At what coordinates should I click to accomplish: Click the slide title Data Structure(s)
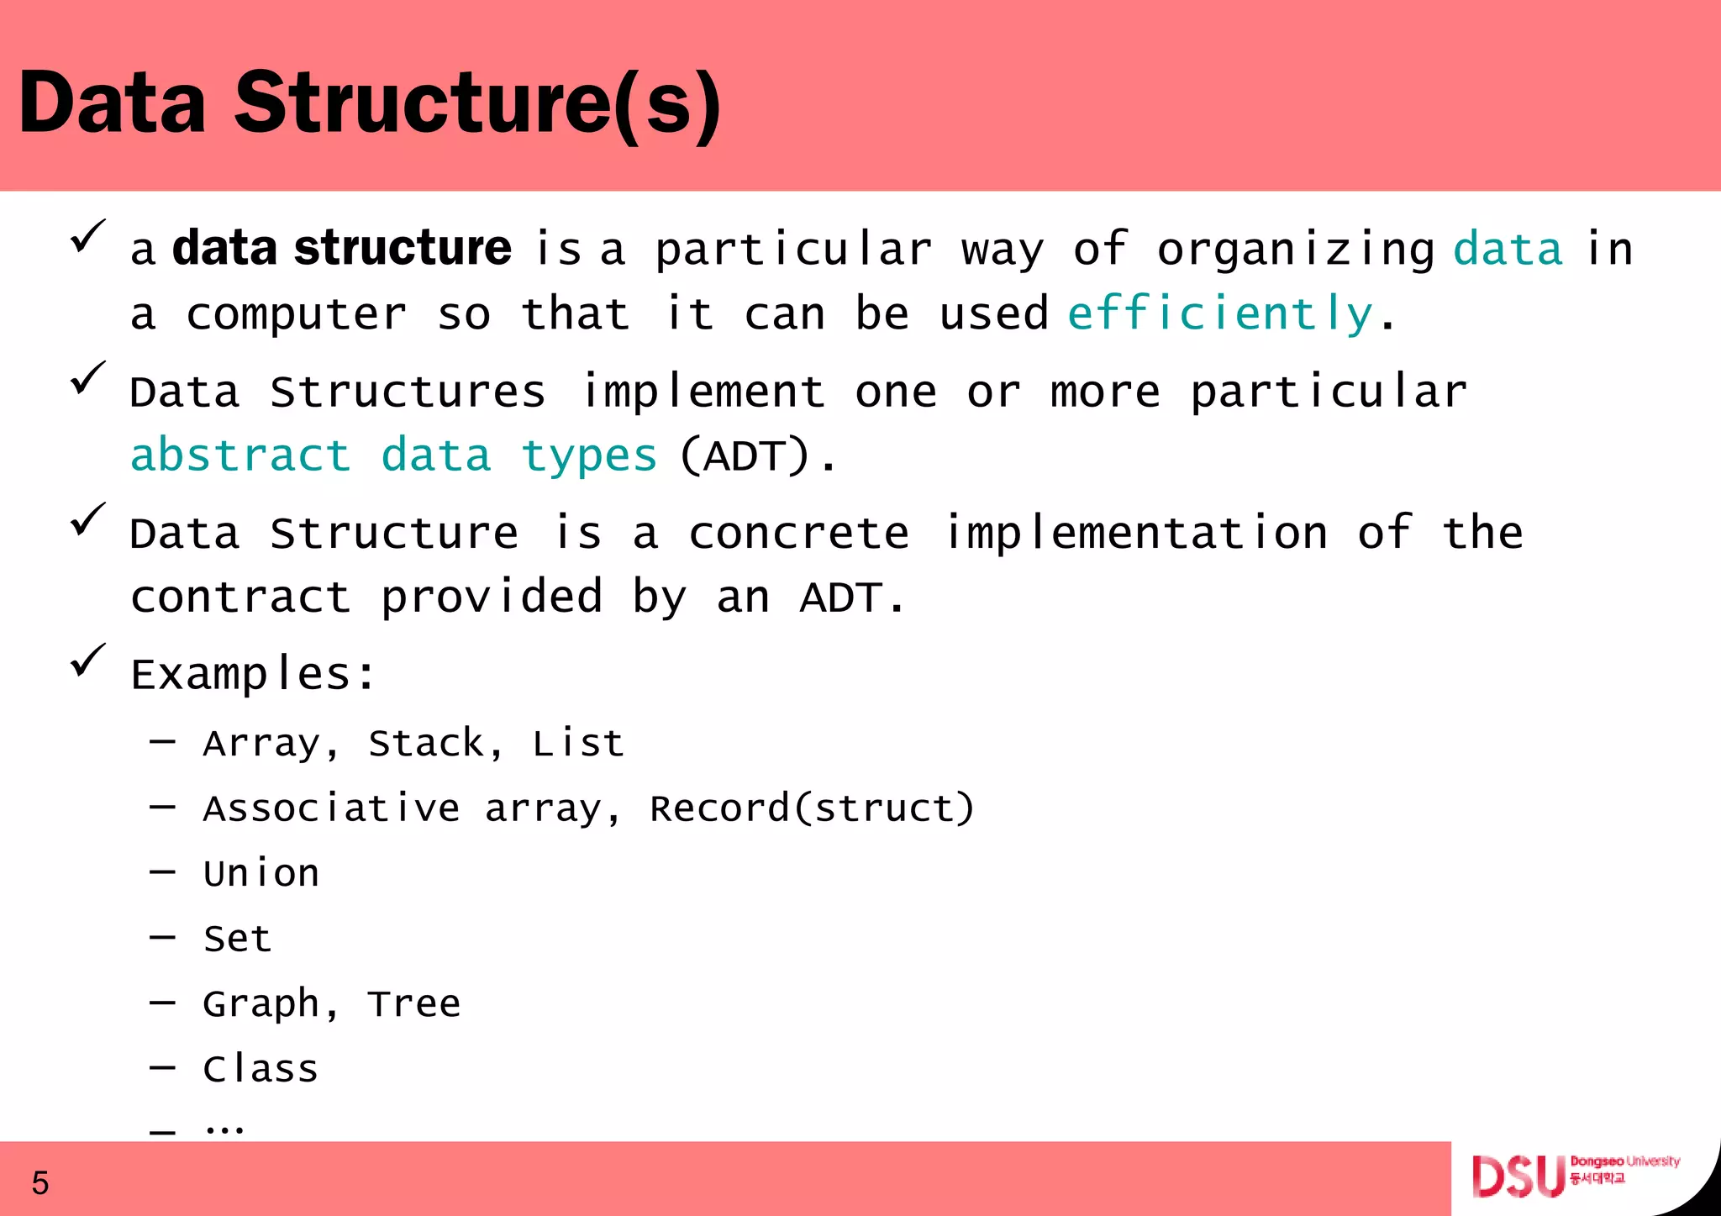point(370,103)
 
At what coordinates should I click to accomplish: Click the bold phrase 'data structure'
point(341,249)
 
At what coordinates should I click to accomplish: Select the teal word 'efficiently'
point(1220,314)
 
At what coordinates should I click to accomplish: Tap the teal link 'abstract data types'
point(393,456)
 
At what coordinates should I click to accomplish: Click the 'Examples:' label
point(252,674)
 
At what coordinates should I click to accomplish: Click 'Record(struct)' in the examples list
point(812,808)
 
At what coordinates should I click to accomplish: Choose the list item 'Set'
point(238,939)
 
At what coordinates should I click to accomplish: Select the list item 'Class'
point(261,1069)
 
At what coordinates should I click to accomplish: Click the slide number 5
point(40,1183)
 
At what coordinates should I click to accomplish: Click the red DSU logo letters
point(1518,1177)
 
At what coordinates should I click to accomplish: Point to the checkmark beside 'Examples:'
point(87,660)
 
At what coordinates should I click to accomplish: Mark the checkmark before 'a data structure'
point(87,235)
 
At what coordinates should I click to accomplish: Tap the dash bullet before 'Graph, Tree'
point(162,1003)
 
